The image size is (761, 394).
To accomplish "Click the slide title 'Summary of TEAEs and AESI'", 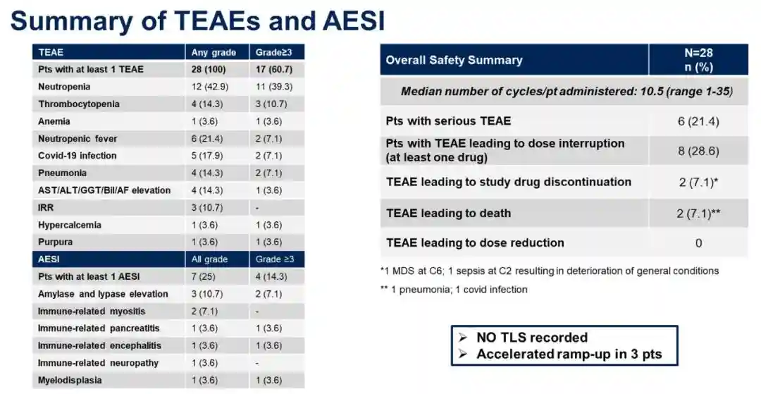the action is [197, 20].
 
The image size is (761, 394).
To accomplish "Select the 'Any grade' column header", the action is [214, 52].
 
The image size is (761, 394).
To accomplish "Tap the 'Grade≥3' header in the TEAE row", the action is [273, 52].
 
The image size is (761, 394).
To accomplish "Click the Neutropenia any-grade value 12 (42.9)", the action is [210, 87].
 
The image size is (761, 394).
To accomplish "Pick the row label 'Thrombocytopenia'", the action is [79, 104].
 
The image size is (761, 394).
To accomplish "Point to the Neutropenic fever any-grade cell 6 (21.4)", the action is [207, 139].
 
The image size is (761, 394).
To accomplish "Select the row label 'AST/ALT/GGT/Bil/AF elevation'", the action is [104, 190].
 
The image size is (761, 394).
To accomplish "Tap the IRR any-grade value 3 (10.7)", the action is [207, 208].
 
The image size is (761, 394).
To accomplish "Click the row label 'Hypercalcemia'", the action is [69, 225].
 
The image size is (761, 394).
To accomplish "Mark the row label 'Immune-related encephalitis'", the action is [99, 345].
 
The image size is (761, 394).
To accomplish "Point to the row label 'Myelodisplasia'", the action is [70, 381].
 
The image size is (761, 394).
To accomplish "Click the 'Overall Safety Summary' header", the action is [454, 60].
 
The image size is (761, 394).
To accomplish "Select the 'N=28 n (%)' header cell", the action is [698, 60].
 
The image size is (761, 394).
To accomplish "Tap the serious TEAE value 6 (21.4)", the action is [698, 121].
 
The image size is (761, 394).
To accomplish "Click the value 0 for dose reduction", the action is [699, 243].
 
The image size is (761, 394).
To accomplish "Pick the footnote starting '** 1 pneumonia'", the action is [454, 290].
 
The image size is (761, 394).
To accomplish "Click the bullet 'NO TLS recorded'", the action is [532, 337].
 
